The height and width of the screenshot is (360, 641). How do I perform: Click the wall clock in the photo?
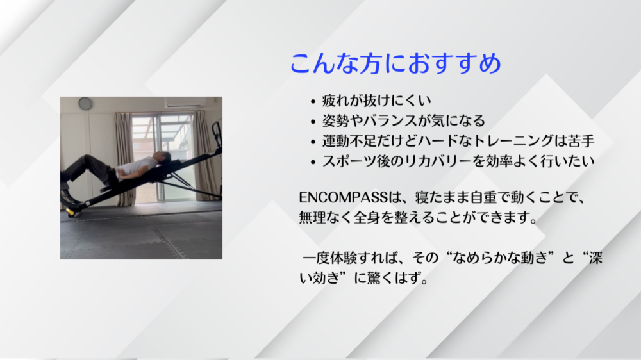point(85,103)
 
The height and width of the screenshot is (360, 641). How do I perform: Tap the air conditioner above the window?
point(185,102)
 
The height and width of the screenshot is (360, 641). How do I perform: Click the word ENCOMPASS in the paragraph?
point(343,197)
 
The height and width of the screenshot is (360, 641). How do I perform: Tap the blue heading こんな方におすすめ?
point(395,63)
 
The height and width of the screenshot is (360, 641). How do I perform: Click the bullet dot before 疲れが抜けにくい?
point(313,101)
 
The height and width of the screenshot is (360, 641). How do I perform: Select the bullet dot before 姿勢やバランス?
point(313,121)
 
